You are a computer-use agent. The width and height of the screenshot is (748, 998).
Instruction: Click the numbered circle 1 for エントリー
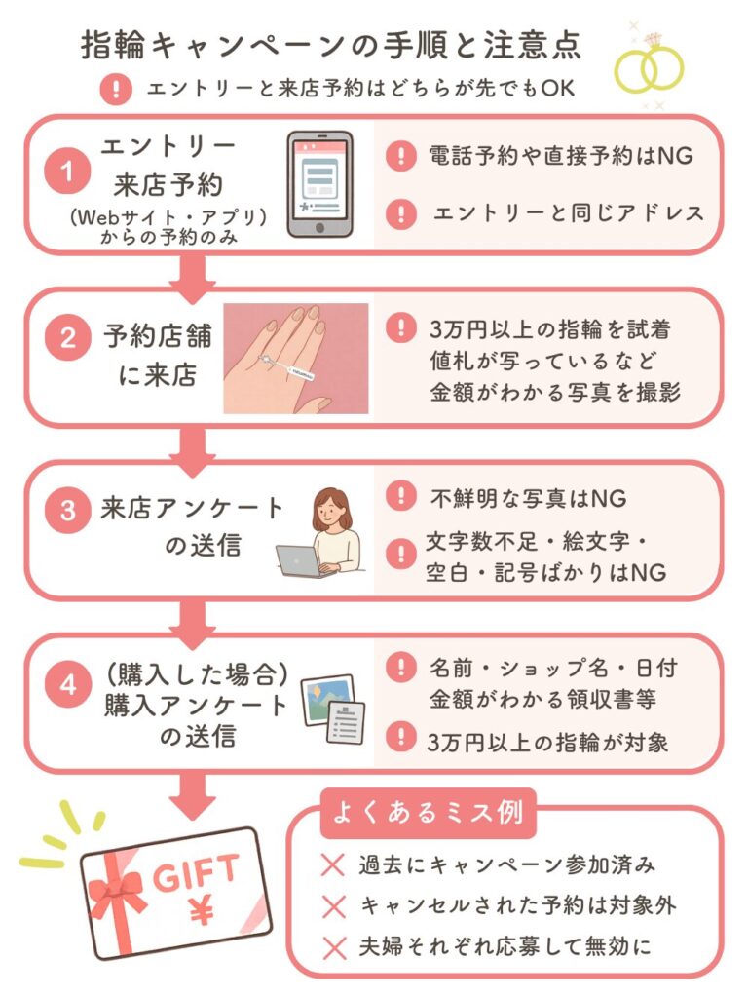[x=66, y=173]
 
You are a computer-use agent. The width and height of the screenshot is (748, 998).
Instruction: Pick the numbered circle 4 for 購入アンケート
[x=66, y=685]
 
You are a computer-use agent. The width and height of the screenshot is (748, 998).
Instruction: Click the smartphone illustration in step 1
[x=318, y=184]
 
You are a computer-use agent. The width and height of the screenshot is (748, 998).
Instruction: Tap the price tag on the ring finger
[x=291, y=370]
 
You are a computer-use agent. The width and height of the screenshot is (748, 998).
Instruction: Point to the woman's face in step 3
[x=335, y=507]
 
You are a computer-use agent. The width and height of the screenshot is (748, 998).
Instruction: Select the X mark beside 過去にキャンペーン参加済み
[x=333, y=864]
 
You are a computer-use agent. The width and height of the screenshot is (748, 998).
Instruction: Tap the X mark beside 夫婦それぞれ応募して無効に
[x=333, y=944]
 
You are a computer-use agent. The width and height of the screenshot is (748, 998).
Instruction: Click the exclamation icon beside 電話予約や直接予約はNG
[x=399, y=156]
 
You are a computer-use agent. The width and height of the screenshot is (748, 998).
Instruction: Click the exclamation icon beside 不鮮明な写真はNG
[x=399, y=497]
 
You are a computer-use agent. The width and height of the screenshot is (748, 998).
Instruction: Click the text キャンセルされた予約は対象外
[x=518, y=904]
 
